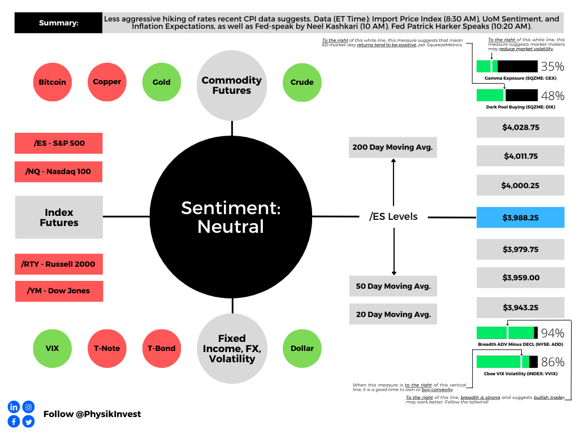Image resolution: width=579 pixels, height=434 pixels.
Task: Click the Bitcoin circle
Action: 53,82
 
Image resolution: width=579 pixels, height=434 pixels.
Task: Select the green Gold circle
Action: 162,82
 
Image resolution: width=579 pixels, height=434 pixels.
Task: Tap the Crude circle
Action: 302,83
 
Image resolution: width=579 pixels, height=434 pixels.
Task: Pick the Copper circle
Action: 107,82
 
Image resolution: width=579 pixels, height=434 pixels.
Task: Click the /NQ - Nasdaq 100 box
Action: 59,172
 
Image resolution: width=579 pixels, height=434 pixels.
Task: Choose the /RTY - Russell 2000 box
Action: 59,264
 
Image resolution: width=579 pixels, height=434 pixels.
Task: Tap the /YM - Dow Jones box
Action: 59,291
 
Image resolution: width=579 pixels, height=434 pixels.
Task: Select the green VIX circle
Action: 53,348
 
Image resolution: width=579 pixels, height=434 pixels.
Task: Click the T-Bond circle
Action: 162,348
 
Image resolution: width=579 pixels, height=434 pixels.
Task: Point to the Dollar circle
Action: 302,348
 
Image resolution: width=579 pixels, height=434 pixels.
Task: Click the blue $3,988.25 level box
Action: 521,218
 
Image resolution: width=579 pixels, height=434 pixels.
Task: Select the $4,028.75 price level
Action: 521,127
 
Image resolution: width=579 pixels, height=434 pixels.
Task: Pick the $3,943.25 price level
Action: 521,307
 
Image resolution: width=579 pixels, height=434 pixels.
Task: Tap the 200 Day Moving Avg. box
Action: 393,147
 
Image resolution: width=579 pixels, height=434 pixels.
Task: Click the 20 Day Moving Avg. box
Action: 394,314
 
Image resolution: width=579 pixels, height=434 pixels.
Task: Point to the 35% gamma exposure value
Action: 552,67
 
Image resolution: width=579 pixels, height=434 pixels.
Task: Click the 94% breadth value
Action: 552,333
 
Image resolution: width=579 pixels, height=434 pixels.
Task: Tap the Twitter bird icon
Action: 28,422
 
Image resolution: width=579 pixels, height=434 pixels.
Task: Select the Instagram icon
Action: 28,407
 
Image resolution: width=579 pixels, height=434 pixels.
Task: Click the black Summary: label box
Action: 58,23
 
